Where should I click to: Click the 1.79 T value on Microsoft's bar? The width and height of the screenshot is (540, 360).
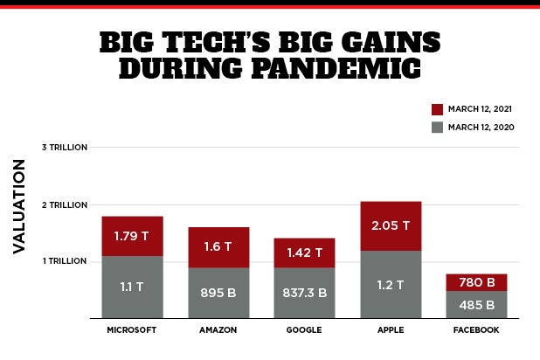132,237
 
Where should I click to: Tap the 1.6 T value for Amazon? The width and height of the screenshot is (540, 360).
218,246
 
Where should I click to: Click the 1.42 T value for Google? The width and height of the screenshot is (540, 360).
304,253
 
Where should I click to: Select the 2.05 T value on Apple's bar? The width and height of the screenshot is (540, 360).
390,225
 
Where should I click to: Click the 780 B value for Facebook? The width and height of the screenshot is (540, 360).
475,281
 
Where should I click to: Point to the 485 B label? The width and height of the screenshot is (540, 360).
475,305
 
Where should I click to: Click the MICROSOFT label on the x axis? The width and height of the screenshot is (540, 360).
132,330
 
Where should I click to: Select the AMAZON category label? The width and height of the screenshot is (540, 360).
218,330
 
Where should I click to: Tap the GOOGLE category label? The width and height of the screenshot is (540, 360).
304,330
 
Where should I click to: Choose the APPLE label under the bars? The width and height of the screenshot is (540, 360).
390,330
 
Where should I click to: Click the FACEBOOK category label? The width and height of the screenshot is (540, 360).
475,330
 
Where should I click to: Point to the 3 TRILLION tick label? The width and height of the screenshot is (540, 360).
65,147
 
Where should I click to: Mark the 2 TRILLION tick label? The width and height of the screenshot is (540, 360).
65,204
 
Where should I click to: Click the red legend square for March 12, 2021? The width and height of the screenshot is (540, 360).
438,109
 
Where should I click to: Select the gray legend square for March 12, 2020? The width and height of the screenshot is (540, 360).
438,128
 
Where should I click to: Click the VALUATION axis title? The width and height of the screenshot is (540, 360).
19,206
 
